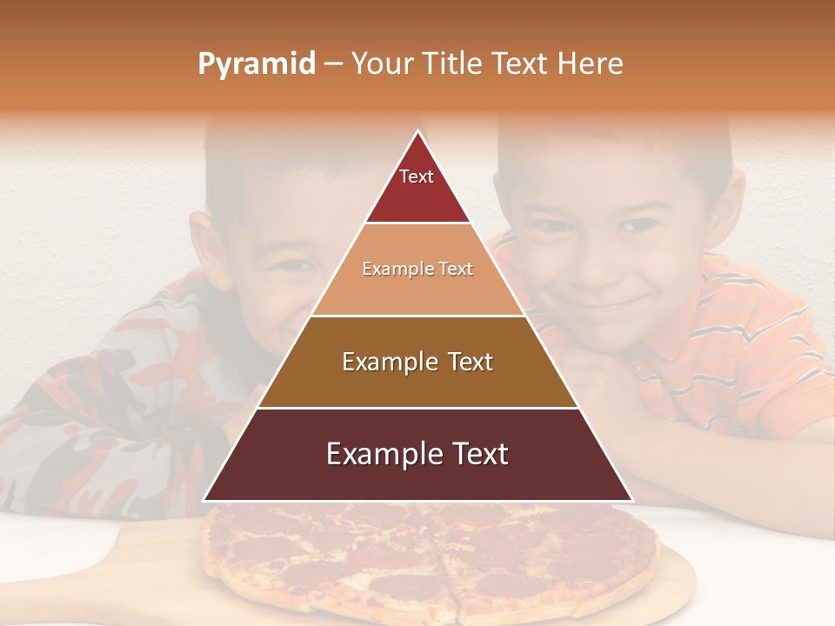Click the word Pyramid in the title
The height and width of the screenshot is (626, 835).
click(257, 64)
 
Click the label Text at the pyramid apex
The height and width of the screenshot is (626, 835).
click(417, 176)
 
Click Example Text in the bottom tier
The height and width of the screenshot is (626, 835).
click(417, 454)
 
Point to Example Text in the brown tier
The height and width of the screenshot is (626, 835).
click(417, 362)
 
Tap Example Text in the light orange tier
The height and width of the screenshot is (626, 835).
click(417, 269)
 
